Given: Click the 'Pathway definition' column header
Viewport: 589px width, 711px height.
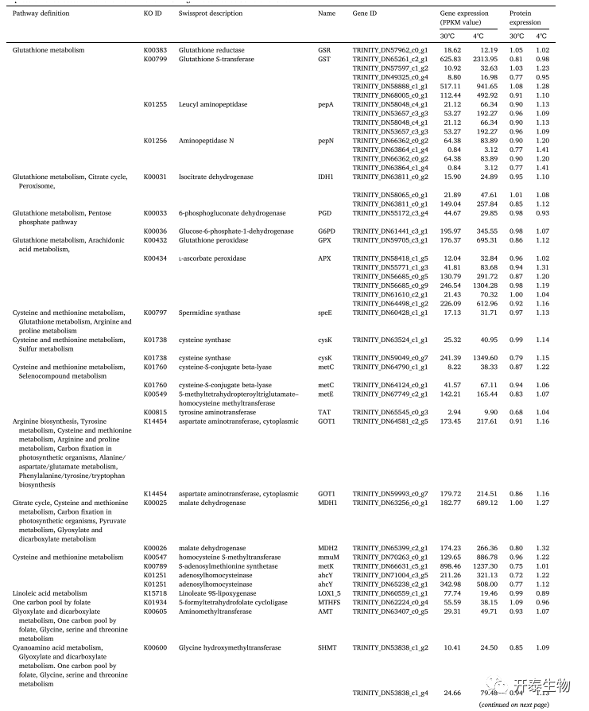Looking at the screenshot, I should (41, 14).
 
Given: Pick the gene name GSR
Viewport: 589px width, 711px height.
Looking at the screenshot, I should (324, 50).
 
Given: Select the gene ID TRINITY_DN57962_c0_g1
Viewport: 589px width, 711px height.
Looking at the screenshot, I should (390, 50).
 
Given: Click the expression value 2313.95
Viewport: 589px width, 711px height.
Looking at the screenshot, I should (484, 59).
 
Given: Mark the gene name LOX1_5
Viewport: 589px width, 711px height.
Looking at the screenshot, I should (327, 593).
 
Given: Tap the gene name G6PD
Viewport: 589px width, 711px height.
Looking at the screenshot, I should (325, 231).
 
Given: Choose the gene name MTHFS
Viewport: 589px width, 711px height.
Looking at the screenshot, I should (327, 602).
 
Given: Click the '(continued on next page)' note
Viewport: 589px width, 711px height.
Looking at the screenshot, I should (513, 705).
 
